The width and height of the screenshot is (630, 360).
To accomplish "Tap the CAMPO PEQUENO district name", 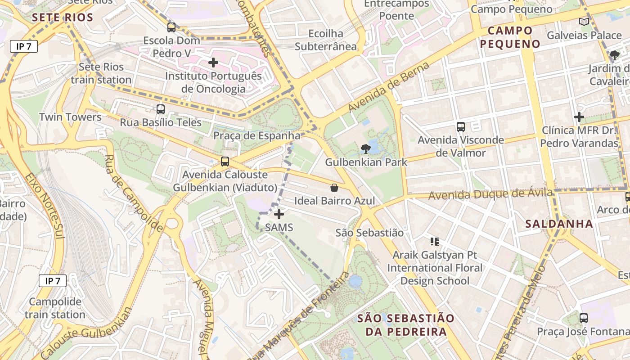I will tap(510, 37).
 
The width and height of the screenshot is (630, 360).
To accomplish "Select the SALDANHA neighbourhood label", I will tap(559, 224).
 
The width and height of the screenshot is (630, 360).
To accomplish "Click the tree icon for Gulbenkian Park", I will tap(365, 148).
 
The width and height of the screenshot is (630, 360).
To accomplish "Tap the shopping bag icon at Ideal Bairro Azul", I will tap(334, 188).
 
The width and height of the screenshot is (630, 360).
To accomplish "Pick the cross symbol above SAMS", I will tap(279, 214).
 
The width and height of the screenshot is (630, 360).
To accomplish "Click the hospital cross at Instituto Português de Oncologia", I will tap(213, 63).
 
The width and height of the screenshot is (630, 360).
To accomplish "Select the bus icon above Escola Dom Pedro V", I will tap(171, 27).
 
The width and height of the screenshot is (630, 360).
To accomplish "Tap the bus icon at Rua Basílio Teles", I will tap(161, 109).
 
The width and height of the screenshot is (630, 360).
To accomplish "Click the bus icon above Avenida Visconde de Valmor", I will tap(461, 127).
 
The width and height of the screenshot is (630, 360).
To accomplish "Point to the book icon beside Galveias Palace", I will tap(584, 22).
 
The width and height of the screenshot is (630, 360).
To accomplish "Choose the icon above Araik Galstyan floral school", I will tap(434, 242).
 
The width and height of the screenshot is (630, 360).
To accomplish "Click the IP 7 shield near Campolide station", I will tap(53, 281).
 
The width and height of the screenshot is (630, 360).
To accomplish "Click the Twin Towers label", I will tap(70, 117).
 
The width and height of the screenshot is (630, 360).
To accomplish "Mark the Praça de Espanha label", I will tap(256, 135).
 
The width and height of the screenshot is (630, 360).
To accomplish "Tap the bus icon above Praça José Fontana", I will tap(584, 318).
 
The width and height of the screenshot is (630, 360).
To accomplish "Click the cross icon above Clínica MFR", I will tap(579, 117).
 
